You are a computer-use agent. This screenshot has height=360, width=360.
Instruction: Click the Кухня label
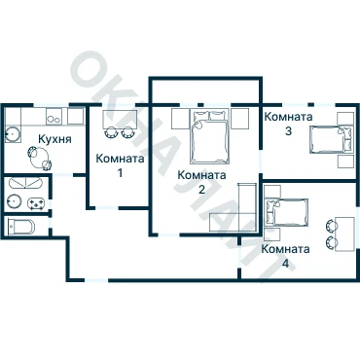tap(54, 139)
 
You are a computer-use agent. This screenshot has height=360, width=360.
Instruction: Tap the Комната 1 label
tap(120, 165)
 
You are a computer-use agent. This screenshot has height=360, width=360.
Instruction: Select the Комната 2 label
tap(201, 182)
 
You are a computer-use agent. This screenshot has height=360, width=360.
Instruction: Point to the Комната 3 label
tap(288, 124)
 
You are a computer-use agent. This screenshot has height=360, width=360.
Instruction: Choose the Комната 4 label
tap(285, 256)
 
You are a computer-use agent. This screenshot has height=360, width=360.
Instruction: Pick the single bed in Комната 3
tap(331, 139)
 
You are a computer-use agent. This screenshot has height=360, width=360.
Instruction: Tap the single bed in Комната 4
tap(286, 212)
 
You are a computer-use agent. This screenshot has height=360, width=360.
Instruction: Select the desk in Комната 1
tap(120, 120)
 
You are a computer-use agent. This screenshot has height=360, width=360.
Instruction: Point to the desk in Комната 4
tap(344, 234)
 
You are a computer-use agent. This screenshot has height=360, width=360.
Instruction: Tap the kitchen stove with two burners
tap(54, 117)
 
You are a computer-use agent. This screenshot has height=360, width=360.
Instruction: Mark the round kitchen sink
tap(13, 134)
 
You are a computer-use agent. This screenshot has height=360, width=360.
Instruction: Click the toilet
tap(20, 226)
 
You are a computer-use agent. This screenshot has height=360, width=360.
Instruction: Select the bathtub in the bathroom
tap(25, 183)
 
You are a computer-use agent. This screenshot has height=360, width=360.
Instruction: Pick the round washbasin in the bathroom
tap(15, 201)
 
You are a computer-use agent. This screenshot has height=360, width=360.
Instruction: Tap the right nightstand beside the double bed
tap(239, 119)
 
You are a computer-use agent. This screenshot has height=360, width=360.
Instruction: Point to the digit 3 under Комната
tap(288, 130)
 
